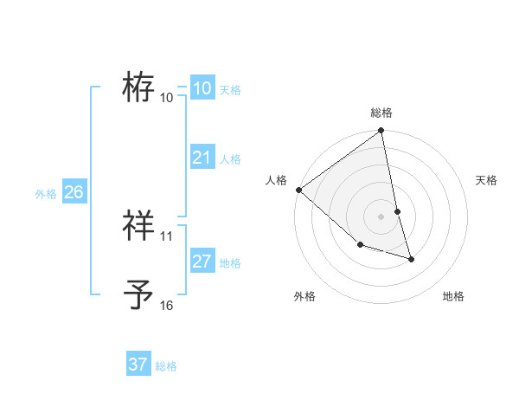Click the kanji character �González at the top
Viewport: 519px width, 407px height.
coord(138,87)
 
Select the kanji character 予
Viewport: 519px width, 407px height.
coord(138,294)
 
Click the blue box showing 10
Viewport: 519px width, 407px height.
coord(202,88)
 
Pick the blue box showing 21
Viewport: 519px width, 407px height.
coord(202,158)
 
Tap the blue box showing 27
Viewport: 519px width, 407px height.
coord(202,262)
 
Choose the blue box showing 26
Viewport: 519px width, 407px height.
coord(74,192)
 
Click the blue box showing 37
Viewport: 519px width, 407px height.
coord(138,365)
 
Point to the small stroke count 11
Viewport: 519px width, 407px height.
coord(167,236)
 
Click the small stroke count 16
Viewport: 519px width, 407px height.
coord(167,305)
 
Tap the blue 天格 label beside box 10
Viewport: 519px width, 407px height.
coord(230,90)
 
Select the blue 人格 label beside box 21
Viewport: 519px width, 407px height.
coord(230,159)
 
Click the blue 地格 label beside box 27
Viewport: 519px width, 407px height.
coord(230,263)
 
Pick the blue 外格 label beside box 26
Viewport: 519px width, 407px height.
coord(46,194)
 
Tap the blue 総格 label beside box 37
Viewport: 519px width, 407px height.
coord(166,366)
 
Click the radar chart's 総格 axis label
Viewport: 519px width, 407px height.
coord(381,113)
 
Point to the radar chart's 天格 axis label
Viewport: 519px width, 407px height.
coord(487,180)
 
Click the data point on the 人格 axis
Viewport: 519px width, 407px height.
coord(298,190)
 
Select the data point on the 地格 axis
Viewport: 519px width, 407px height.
coord(411,259)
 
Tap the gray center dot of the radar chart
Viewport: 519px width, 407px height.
coord(381,216)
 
